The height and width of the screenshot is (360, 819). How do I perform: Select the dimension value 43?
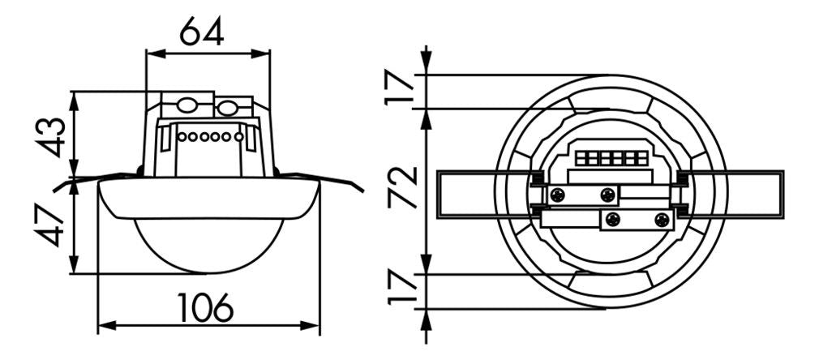pos(50,136)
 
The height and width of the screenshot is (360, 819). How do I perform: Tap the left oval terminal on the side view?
pos(187,106)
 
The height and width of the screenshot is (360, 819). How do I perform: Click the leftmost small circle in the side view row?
pos(182,136)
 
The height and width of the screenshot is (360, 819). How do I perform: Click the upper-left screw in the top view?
pos(557,194)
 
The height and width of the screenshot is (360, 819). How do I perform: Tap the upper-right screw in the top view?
pos(607,194)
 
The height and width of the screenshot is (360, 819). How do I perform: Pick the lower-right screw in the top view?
pos(662,219)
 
